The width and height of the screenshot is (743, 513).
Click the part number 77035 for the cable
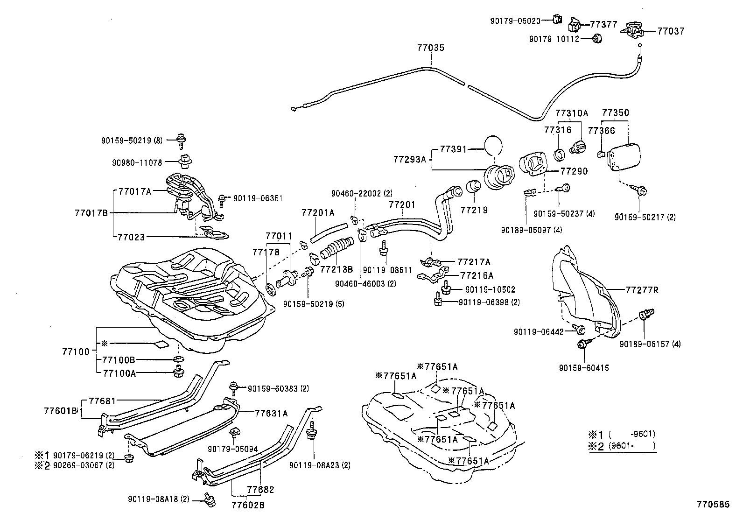click(x=430, y=48)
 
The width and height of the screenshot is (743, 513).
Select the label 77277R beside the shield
click(x=642, y=290)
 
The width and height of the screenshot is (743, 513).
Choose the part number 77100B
click(x=119, y=360)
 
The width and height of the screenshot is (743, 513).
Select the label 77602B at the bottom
click(x=248, y=504)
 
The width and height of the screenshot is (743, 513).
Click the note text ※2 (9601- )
click(x=623, y=446)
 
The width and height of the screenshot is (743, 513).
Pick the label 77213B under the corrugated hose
click(x=336, y=270)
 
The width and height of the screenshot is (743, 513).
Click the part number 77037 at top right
click(x=671, y=31)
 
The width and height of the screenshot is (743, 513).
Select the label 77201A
click(x=318, y=213)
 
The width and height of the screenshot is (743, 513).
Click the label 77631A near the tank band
click(x=271, y=413)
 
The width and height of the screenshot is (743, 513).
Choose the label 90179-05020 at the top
click(x=515, y=21)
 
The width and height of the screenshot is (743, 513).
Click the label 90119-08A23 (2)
click(x=320, y=465)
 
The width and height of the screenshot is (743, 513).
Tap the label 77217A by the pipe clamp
click(x=474, y=262)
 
